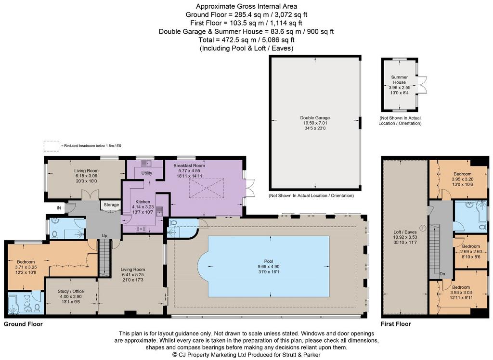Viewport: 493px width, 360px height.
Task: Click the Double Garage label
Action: click(x=315, y=118)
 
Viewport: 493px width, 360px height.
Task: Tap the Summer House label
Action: click(x=399, y=79)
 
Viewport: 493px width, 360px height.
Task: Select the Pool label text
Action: click(x=269, y=261)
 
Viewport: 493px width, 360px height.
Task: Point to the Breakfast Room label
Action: click(x=189, y=166)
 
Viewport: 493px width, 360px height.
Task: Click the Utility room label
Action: click(x=146, y=173)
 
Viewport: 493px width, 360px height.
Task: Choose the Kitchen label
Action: click(x=143, y=202)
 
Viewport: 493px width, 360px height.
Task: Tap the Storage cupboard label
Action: click(x=111, y=205)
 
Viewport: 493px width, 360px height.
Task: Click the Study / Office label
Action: click(x=71, y=291)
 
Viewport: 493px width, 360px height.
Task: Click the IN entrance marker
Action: click(x=59, y=208)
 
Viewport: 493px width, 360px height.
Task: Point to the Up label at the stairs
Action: click(x=104, y=235)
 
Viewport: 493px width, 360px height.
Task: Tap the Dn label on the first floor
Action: click(x=442, y=274)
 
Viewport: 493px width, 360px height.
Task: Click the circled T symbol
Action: click(x=423, y=228)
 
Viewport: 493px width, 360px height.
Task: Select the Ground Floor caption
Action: click(x=23, y=324)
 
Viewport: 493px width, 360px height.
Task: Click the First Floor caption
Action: click(x=396, y=324)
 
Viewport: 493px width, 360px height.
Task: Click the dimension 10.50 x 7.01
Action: click(x=315, y=123)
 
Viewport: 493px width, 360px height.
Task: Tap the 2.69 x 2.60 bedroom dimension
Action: click(x=471, y=252)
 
